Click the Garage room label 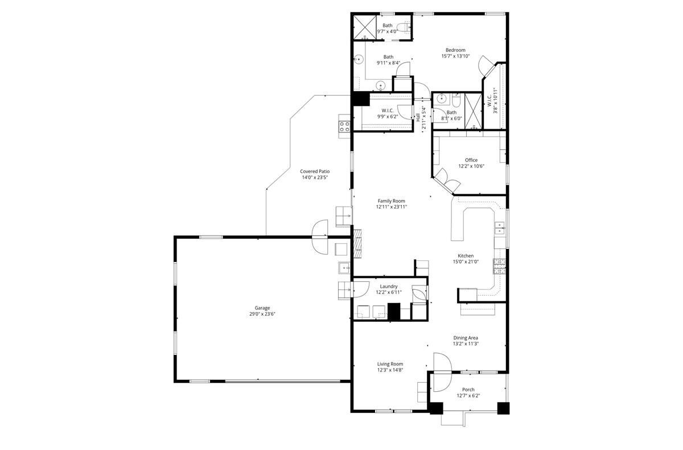pos(262,308)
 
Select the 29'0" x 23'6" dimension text pos(262,314)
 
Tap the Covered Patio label pos(315,171)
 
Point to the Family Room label pos(391,201)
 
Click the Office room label pos(471,160)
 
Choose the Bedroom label pos(455,50)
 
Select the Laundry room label pos(389,287)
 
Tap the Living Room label pos(390,364)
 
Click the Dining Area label pos(465,338)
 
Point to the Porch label pos(468,390)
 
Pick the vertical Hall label pos(418,117)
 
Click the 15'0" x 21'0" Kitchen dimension pos(466,262)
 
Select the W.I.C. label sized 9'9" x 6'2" pos(388,111)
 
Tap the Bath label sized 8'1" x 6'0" pos(451,113)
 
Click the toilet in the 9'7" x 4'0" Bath pos(403,27)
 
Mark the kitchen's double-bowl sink pos(499,228)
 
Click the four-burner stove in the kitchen pos(499,266)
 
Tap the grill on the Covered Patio pos(344,124)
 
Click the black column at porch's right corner pos(503,408)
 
